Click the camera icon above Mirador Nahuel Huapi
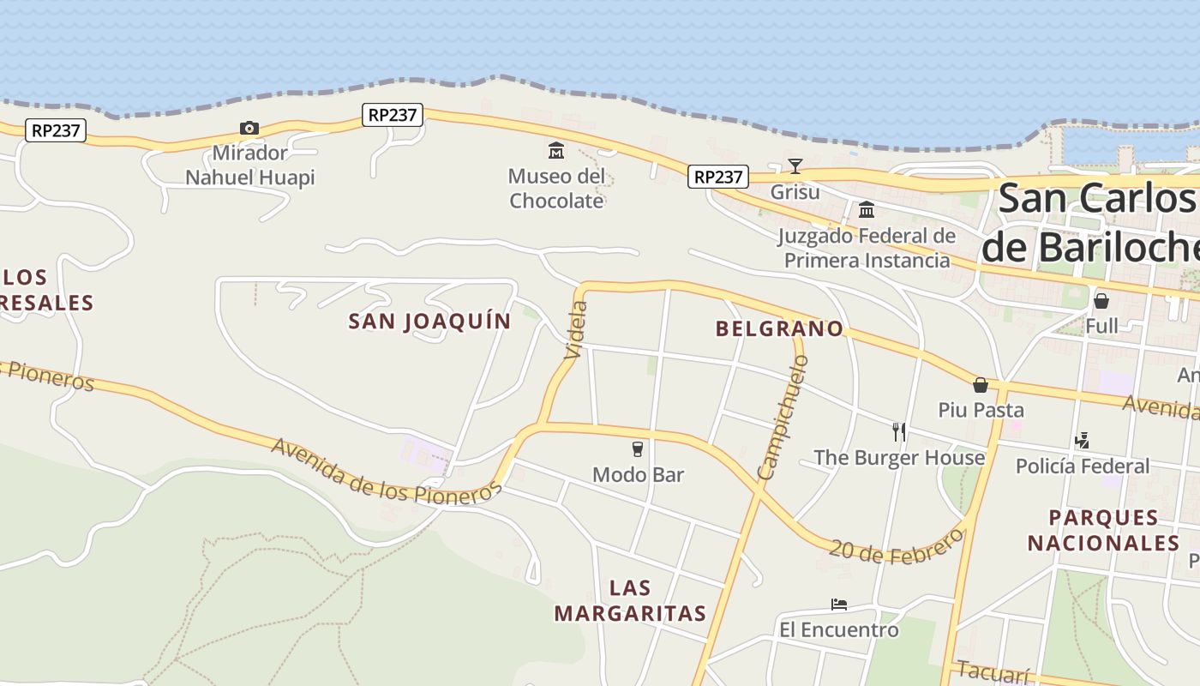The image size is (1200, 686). tap(249, 129)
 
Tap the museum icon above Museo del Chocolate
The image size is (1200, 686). tap(556, 151)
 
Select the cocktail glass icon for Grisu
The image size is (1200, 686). tap(795, 165)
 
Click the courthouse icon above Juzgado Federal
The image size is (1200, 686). tap(867, 209)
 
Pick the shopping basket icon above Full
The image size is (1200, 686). tap(1101, 301)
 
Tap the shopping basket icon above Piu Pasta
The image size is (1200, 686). tap(981, 385)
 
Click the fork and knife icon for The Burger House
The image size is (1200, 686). tap(898, 431)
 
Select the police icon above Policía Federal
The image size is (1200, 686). tap(1082, 441)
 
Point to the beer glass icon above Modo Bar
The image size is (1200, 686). tap(638, 448)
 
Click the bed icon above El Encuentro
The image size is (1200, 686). tap(839, 605)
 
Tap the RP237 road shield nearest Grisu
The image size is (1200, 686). tap(717, 177)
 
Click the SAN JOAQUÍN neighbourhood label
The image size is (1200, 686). tap(429, 322)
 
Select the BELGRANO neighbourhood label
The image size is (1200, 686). tap(779, 328)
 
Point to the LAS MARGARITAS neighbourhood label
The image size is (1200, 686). tap(630, 601)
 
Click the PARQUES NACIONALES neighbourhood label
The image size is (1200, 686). tap(1104, 531)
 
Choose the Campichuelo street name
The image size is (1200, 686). tap(783, 418)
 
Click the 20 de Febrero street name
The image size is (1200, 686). tap(896, 550)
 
